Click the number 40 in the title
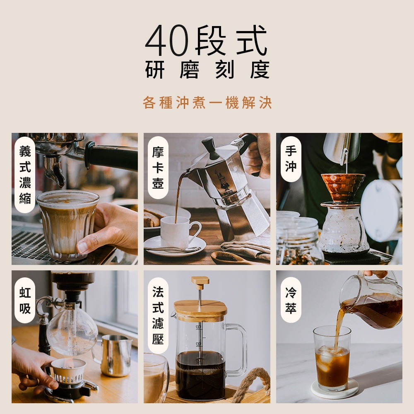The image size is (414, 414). pos(167,40)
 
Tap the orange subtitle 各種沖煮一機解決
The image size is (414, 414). pos(207,102)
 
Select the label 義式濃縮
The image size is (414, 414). pos(25,175)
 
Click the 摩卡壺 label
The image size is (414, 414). pos(158,167)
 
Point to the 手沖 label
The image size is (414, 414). pos(291,159)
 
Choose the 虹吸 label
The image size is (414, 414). pos(25,300)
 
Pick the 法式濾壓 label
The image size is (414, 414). pos(158,315)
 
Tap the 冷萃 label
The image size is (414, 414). pos(291,300)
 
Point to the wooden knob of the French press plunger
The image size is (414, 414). pos(200,282)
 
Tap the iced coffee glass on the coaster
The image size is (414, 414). pos(332,358)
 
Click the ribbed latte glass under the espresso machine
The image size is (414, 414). pos(67,224)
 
